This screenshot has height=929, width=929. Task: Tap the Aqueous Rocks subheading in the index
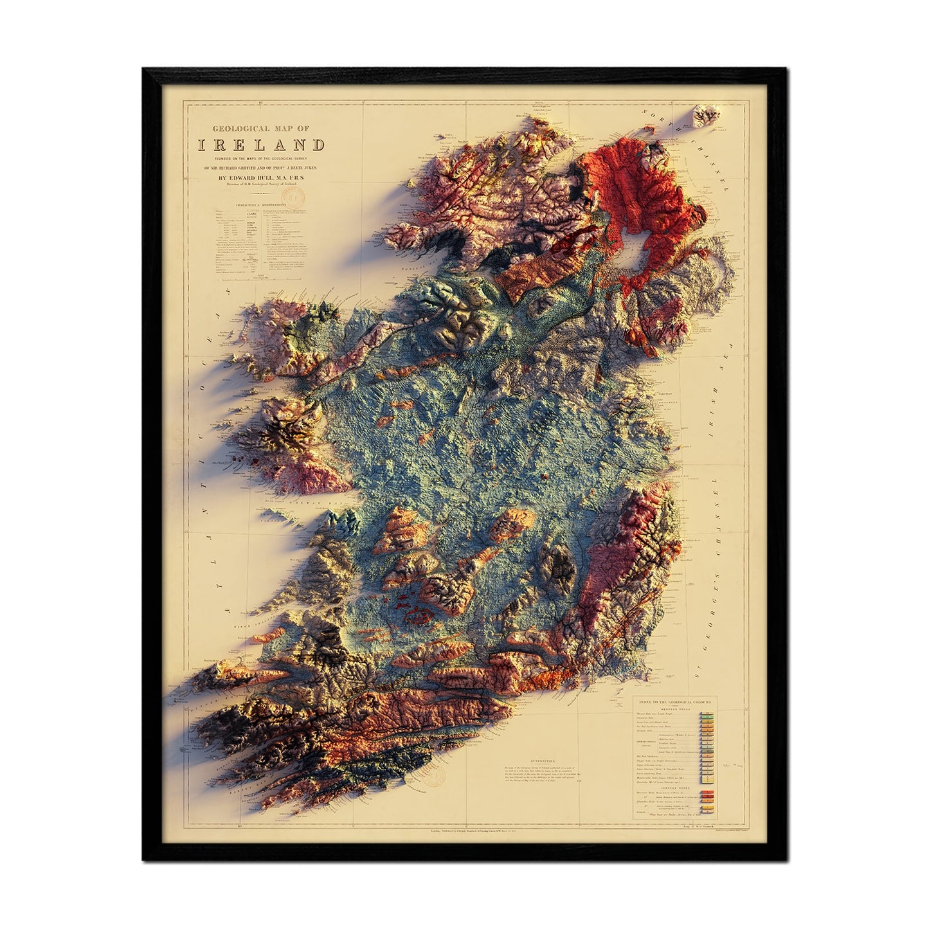(x=683, y=708)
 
